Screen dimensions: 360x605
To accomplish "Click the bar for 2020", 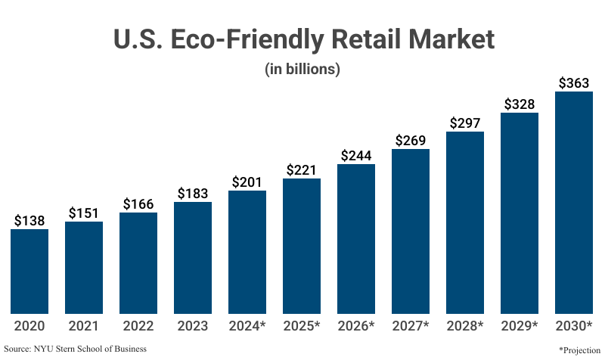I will pyautogui.click(x=29, y=271).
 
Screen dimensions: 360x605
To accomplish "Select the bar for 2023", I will pyautogui.click(x=193, y=257).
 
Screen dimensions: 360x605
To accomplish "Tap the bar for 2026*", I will pyautogui.click(x=356, y=238).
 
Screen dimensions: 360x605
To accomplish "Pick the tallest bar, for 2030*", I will pyautogui.click(x=574, y=203).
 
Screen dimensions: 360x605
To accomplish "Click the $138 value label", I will pyautogui.click(x=29, y=221).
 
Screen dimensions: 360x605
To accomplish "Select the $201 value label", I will pyautogui.click(x=247, y=182).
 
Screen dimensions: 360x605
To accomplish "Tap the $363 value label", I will pyautogui.click(x=574, y=83).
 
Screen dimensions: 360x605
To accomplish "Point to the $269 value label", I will pyautogui.click(x=411, y=141).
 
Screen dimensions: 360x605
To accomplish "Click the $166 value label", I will pyautogui.click(x=138, y=204).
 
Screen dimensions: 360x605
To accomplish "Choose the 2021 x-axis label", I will pyautogui.click(x=84, y=326).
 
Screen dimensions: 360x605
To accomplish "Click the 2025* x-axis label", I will pyautogui.click(x=302, y=326).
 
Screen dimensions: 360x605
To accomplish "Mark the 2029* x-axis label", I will pyautogui.click(x=520, y=326).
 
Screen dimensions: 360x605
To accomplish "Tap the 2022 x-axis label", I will pyautogui.click(x=138, y=326).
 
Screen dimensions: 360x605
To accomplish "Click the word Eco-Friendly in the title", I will pyautogui.click(x=245, y=39).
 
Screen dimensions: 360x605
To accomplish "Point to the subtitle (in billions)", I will pyautogui.click(x=302, y=69).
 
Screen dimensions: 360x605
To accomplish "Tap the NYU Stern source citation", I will pyautogui.click(x=75, y=349).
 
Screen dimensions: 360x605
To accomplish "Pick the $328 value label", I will pyautogui.click(x=520, y=104).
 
